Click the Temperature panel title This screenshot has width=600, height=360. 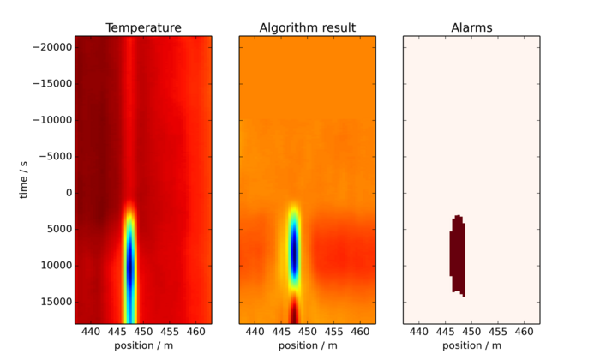143,28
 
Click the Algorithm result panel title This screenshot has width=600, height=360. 307,28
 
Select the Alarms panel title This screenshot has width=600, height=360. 471,28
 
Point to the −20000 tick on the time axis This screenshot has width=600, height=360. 51,47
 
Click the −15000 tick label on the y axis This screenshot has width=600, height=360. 51,84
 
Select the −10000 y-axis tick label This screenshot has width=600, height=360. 51,120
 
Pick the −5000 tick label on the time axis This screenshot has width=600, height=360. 53,157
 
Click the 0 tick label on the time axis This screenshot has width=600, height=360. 67,193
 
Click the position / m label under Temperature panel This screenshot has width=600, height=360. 143,345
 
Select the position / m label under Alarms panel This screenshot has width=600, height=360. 471,345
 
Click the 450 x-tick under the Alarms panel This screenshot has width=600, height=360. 471,331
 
